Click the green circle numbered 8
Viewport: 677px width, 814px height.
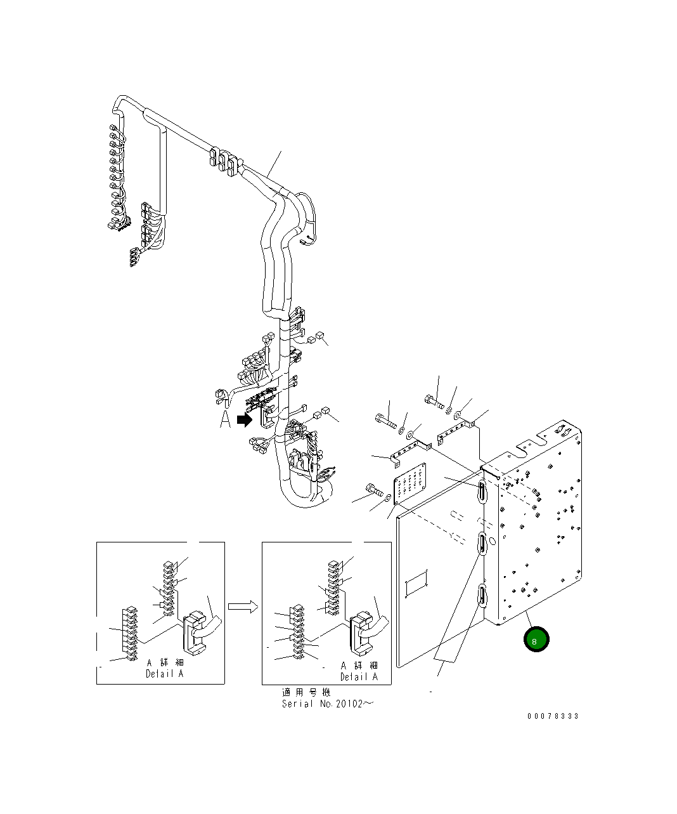coord(536,640)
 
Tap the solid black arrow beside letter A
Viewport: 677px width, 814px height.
coord(244,419)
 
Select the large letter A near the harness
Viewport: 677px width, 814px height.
coord(225,419)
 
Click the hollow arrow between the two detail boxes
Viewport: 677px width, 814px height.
coord(243,607)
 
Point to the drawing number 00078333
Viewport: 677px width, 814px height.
coord(553,716)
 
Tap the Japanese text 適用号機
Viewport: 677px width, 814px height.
coord(306,693)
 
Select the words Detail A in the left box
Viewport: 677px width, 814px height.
coord(164,674)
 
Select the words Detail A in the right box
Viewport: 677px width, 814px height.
coord(359,677)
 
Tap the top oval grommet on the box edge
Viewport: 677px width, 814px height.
coord(483,491)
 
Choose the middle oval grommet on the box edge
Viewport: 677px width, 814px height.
coord(482,544)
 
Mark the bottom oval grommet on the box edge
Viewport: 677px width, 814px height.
coord(482,596)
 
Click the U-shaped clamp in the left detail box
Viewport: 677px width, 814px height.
coord(197,631)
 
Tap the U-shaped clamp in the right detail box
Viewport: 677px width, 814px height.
coord(362,633)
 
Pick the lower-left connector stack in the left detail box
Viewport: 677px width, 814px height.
coord(130,634)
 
